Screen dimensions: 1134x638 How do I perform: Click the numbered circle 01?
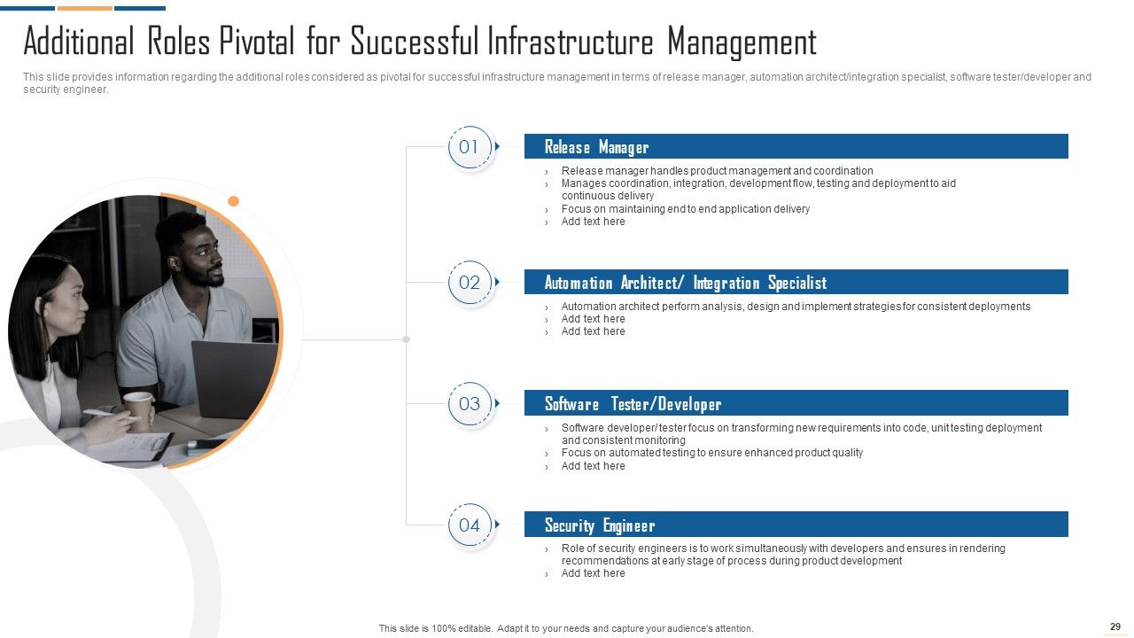(470, 147)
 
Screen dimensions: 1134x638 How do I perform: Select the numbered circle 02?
(470, 283)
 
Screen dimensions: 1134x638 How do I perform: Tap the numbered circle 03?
(470, 404)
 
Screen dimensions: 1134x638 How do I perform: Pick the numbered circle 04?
(470, 525)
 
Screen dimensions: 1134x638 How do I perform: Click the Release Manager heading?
(596, 147)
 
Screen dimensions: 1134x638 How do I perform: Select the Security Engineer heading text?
(600, 525)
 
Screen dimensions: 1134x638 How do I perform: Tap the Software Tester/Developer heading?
(633, 404)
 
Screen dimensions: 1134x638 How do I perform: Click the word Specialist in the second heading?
(797, 283)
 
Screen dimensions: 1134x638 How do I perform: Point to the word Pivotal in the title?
(256, 42)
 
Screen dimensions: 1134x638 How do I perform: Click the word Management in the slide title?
(742, 43)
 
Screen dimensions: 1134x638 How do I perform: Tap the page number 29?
(1115, 626)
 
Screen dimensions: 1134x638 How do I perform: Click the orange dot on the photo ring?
(233, 201)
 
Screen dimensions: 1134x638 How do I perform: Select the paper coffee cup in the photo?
(139, 410)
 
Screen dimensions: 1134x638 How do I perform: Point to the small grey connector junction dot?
(406, 339)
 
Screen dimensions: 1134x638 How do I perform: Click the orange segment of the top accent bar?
(85, 8)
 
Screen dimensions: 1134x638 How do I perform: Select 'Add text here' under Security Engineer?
(593, 573)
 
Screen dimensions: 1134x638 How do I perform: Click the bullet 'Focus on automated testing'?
(711, 453)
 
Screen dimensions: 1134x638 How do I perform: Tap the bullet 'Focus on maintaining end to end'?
(686, 208)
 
